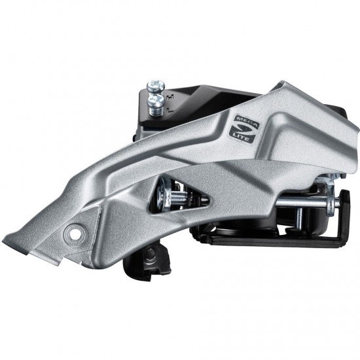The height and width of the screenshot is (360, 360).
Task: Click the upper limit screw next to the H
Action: [x=156, y=86]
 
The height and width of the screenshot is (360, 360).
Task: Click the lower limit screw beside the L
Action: [x=156, y=100]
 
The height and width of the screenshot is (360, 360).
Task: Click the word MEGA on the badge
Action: [x=247, y=122]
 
